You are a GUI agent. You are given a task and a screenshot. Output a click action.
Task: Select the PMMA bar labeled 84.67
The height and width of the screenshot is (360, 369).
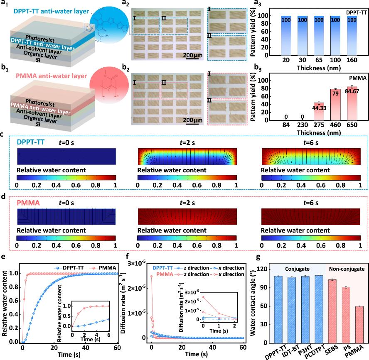[352, 103]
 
